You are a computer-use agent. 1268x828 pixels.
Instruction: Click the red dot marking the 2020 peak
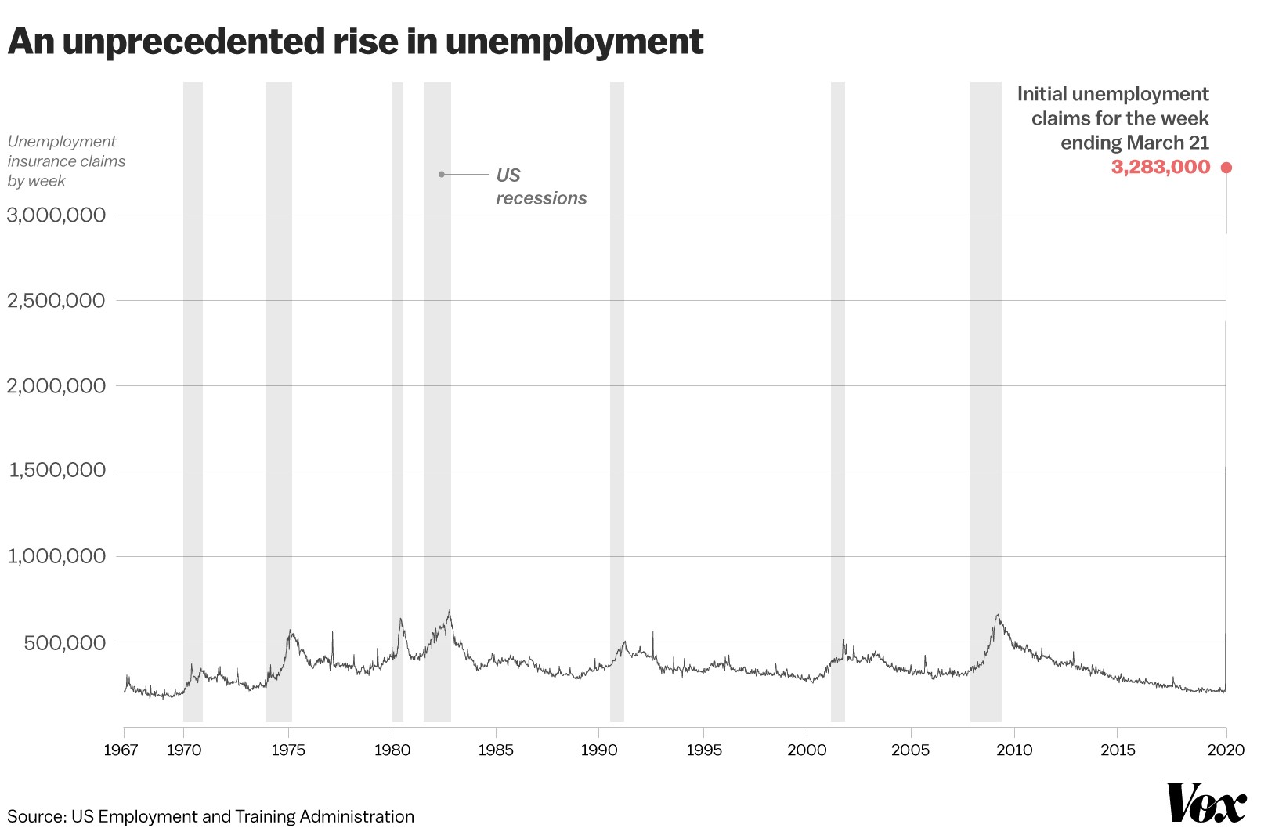(1226, 168)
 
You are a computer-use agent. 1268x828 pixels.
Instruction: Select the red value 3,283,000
(1160, 167)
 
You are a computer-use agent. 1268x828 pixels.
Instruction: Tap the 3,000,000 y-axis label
(56, 215)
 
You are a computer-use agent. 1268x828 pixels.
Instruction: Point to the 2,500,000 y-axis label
(56, 300)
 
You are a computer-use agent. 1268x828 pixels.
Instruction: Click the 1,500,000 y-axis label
(56, 470)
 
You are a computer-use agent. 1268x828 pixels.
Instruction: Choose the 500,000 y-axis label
(65, 642)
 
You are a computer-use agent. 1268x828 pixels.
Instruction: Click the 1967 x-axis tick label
(121, 750)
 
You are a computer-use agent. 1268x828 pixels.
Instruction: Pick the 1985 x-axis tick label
(496, 750)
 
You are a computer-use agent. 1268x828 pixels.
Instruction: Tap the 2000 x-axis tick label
(807, 750)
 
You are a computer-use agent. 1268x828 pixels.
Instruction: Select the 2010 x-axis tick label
(1014, 750)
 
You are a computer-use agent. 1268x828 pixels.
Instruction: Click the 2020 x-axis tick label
(1226, 750)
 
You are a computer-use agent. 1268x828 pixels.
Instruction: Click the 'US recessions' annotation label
(540, 186)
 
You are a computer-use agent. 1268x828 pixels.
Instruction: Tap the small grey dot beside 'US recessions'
(442, 174)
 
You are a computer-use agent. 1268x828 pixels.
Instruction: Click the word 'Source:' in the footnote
(37, 816)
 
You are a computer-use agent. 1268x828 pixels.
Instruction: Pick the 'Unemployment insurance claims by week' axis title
(67, 161)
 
